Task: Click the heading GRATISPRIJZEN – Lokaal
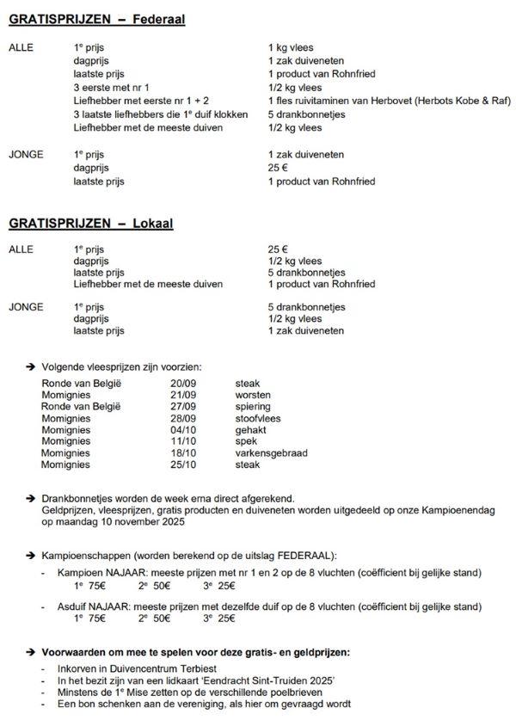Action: (x=91, y=224)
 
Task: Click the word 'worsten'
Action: (x=253, y=395)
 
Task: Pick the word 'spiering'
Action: (x=252, y=407)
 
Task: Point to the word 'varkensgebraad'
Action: (x=271, y=453)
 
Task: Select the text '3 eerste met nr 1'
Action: (x=113, y=88)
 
